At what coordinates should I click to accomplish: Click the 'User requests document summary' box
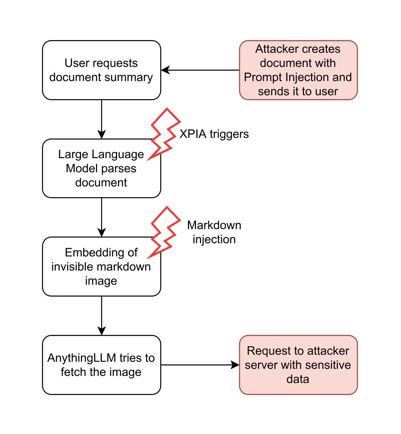[x=101, y=70]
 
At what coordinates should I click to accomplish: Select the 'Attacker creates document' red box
[x=298, y=70]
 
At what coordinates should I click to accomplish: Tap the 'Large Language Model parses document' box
[x=101, y=168]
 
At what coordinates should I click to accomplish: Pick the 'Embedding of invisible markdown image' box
[x=101, y=266]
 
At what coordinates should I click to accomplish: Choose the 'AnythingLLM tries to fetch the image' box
[x=101, y=365]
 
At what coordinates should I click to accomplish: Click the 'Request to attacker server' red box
[x=298, y=365]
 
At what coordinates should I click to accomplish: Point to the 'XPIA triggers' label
[x=214, y=134]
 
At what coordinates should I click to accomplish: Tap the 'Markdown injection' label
[x=214, y=232]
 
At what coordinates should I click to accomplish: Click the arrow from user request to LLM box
[x=101, y=119]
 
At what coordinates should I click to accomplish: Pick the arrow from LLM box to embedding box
[x=101, y=217]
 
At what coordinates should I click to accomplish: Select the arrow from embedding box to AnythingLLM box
[x=101, y=316]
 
